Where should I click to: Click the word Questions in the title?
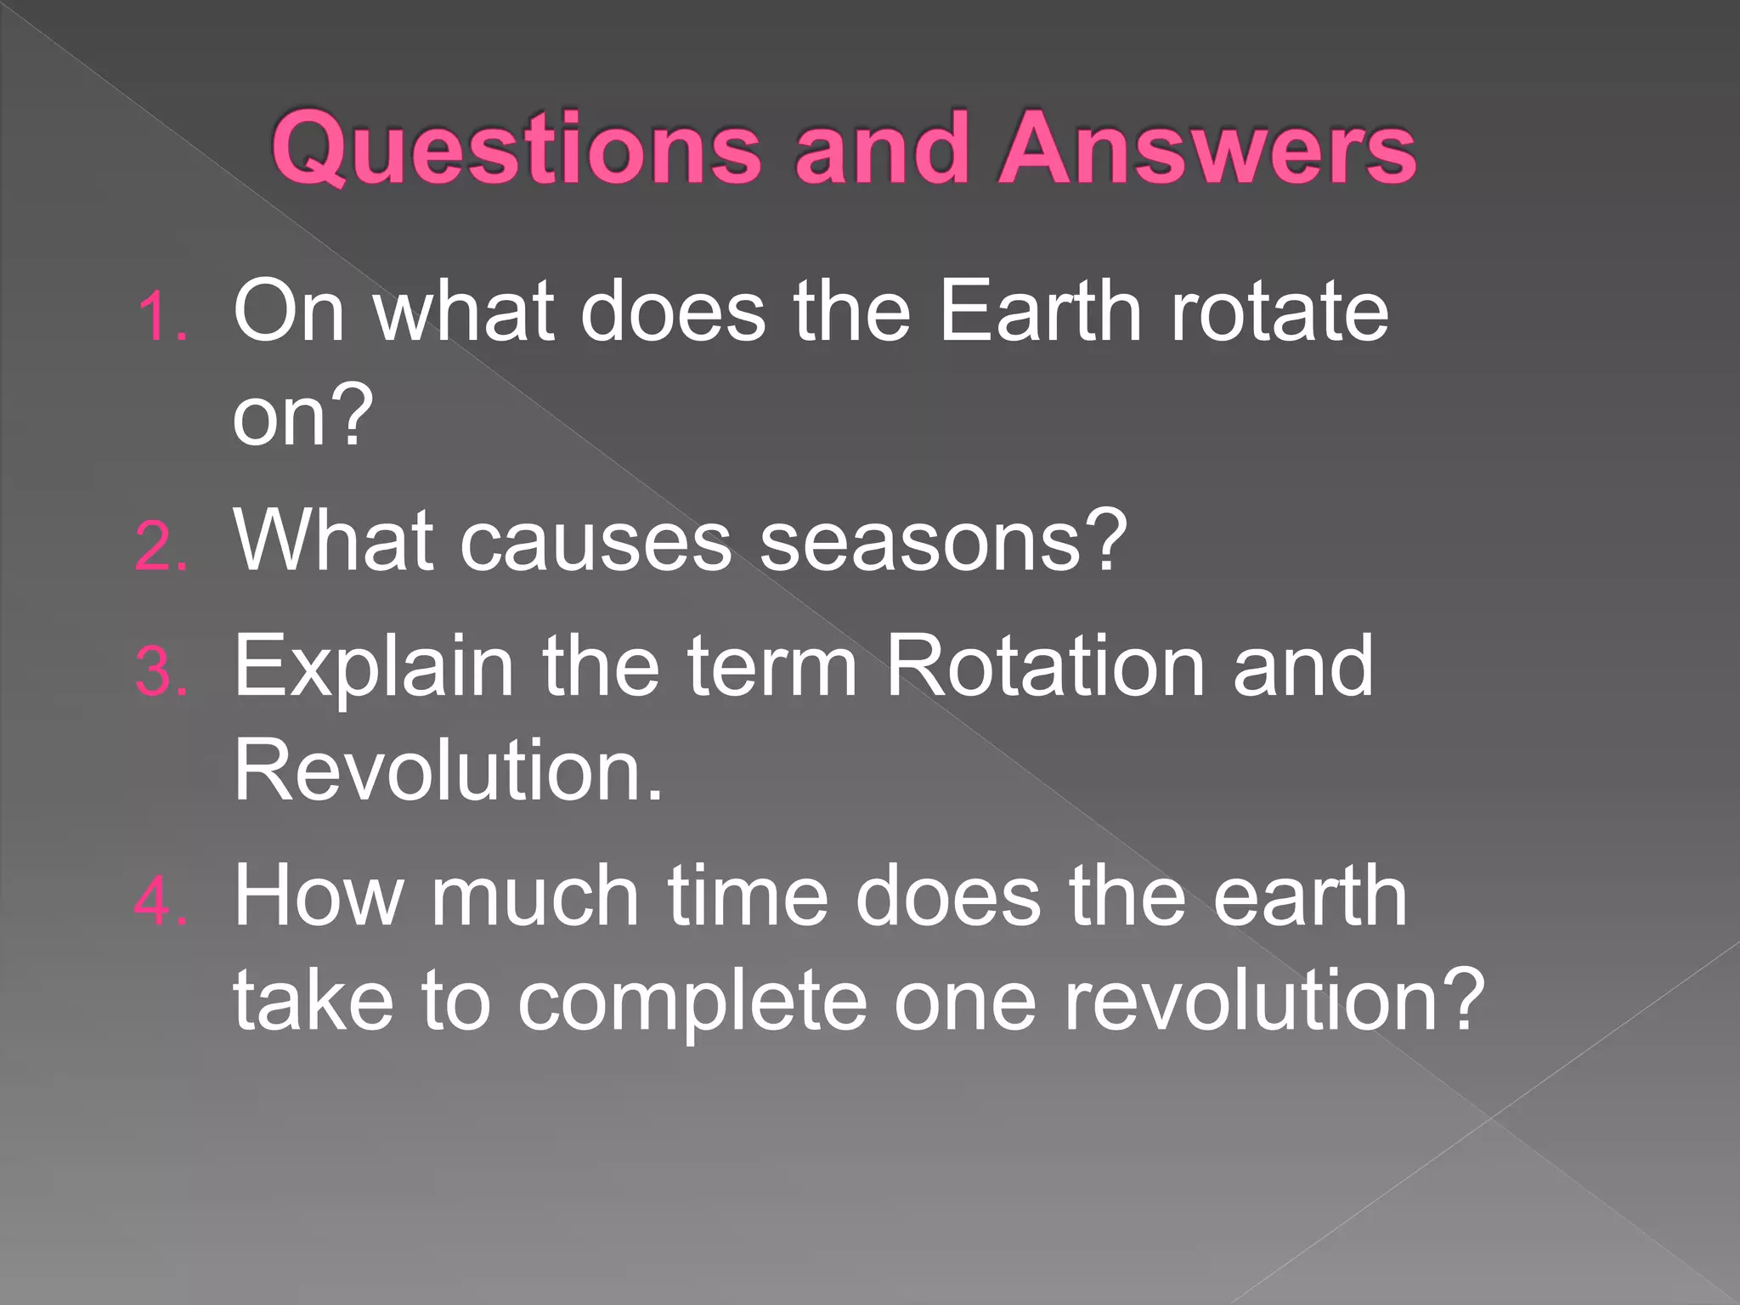516,149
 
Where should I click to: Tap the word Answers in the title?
1206,149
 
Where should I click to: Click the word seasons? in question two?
943,541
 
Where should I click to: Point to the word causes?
595,541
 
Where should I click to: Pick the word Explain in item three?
374,668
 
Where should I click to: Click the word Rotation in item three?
1045,666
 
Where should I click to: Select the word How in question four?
319,895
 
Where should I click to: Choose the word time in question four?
748,895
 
